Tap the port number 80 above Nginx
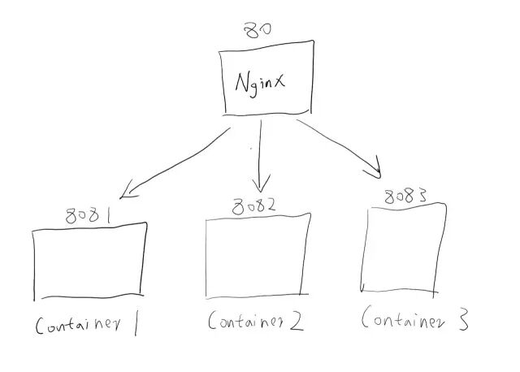258,30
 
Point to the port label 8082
253,205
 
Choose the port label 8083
405,196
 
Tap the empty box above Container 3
404,248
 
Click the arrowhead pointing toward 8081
124,194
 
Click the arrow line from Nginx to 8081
175,159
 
